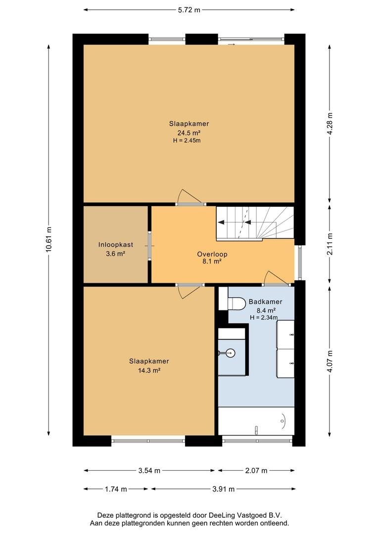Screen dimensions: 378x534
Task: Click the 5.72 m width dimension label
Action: pos(189,10)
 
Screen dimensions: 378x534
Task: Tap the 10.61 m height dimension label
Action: pos(48,240)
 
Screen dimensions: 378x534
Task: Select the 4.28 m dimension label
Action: pos(330,123)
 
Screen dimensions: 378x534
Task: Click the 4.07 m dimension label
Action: pos(330,361)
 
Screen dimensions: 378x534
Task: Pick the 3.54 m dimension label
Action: pos(149,471)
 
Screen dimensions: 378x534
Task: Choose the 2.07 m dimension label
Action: pos(256,471)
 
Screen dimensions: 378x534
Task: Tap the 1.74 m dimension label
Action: pos(116,489)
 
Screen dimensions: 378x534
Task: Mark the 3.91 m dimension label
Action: pos(223,489)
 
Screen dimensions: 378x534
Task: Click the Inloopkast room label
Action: pos(116,245)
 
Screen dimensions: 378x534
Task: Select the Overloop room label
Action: pos(212,254)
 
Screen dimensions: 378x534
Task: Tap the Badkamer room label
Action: pos(266,302)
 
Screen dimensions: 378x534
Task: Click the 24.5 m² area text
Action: pos(189,133)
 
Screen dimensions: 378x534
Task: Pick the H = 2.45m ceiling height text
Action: pos(187,140)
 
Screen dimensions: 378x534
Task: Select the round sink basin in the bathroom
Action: pos(231,353)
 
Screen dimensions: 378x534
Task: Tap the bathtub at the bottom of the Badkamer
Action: pos(256,421)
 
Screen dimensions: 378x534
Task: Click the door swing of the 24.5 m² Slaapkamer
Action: pos(190,196)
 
